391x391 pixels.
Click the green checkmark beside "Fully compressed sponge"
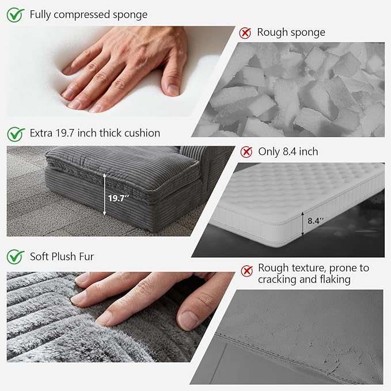[x=16, y=15]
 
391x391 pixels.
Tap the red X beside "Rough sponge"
[x=245, y=33]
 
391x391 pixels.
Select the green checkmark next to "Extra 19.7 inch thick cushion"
[x=16, y=134]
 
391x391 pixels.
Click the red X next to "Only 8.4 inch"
[x=246, y=152]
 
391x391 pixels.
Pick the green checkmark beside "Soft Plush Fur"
[x=16, y=257]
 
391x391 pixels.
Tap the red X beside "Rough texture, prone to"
[x=247, y=271]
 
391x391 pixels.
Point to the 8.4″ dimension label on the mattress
[x=316, y=221]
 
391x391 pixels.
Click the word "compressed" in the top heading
[x=82, y=15]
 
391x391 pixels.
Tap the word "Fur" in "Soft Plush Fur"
[x=86, y=257]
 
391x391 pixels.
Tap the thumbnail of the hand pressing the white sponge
[x=121, y=71]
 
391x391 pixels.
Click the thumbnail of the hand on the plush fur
[x=121, y=317]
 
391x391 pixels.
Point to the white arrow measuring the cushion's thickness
[x=105, y=195]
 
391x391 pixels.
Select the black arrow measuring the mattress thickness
[x=303, y=223]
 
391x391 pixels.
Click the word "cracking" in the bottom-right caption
[x=277, y=279]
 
